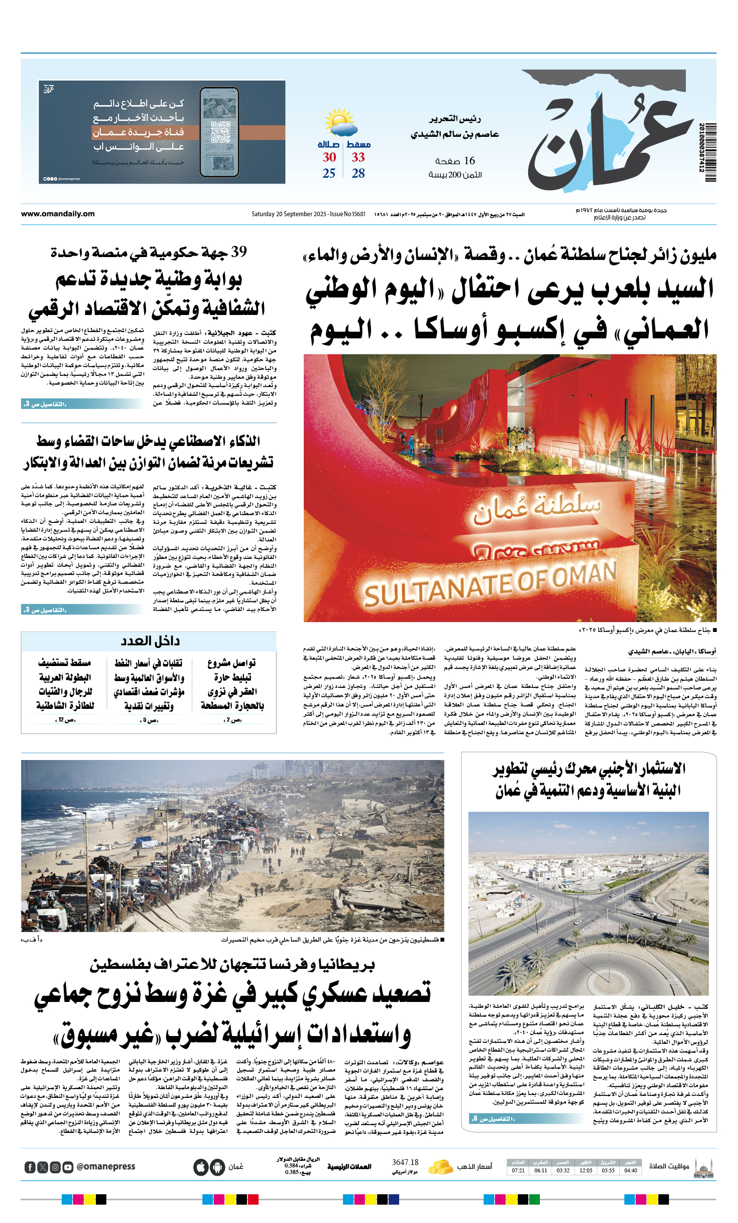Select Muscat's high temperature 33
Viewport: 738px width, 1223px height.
tap(358, 157)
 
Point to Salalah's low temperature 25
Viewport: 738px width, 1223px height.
tap(329, 173)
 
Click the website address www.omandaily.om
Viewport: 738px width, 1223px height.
tap(57, 214)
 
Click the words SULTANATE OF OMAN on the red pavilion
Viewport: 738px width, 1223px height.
tap(490, 586)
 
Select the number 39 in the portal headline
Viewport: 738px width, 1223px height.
tap(239, 252)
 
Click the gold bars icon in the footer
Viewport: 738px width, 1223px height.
tap(440, 1167)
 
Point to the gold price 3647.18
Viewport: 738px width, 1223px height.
tap(405, 1163)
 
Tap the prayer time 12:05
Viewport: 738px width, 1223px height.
tap(586, 1170)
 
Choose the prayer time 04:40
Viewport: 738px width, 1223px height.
tap(630, 1170)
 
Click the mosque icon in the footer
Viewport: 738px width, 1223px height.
tap(704, 1168)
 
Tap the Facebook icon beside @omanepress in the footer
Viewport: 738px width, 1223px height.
tap(30, 1167)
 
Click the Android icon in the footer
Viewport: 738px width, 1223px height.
tap(217, 1167)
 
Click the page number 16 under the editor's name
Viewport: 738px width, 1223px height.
tap(469, 160)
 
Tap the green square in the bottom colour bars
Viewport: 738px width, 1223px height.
tap(534, 1200)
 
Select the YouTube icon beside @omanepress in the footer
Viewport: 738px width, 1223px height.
tap(68, 1167)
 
